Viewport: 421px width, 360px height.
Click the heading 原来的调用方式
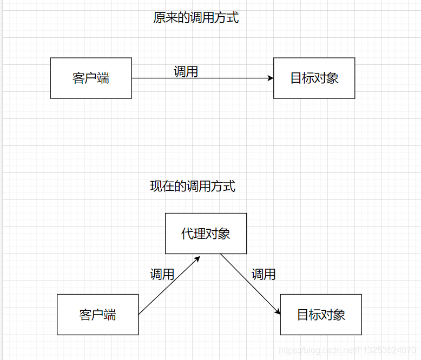pyautogui.click(x=196, y=18)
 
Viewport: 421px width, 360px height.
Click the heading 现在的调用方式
pyautogui.click(x=193, y=186)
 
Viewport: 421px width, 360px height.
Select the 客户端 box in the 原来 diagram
pyautogui.click(x=91, y=78)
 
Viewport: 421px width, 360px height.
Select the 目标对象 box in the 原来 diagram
pyautogui.click(x=314, y=78)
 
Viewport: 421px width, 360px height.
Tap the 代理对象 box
pyautogui.click(x=206, y=234)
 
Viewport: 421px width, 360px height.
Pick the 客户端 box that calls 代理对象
pyautogui.click(x=97, y=315)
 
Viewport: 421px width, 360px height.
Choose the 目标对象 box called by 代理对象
pyautogui.click(x=321, y=315)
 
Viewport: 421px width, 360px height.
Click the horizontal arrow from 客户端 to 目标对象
pyautogui.click(x=203, y=78)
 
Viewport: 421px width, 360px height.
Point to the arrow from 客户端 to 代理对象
pyautogui.click(x=169, y=285)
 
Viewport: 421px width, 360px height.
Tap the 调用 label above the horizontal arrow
pyautogui.click(x=186, y=71)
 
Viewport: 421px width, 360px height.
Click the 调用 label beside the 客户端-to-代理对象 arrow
pyautogui.click(x=162, y=274)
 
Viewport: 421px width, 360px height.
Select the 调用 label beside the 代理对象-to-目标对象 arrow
pyautogui.click(x=264, y=274)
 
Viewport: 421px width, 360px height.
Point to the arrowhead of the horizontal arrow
pyautogui.click(x=271, y=78)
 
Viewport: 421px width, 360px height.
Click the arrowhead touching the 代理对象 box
pyautogui.click(x=198, y=258)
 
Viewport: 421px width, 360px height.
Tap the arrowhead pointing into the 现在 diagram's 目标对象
pyautogui.click(x=278, y=312)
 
